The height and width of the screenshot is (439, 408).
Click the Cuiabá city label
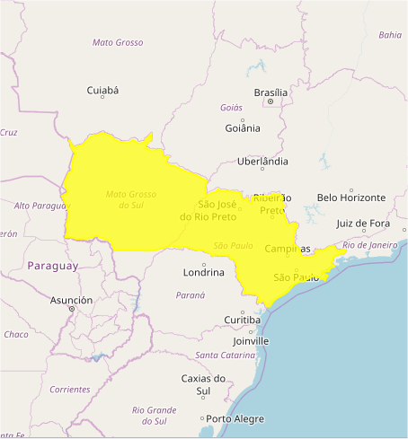click(x=102, y=91)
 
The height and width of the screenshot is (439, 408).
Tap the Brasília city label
click(x=271, y=92)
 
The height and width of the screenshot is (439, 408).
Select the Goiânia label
click(x=243, y=127)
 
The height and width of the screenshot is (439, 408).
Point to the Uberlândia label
click(x=262, y=162)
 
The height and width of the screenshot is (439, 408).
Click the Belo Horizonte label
click(x=351, y=198)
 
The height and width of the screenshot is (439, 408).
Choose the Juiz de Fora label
click(x=363, y=224)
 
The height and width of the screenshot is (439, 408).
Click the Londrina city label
click(x=203, y=272)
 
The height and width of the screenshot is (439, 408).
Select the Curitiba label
click(x=243, y=320)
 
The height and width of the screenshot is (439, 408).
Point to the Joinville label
click(x=250, y=341)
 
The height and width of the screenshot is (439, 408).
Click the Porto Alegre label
click(x=235, y=419)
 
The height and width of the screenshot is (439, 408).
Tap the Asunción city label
click(x=71, y=300)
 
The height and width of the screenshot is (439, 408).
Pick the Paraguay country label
click(x=52, y=266)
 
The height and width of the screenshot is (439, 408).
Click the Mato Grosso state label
click(x=118, y=42)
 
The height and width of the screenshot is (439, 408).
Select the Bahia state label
click(x=390, y=35)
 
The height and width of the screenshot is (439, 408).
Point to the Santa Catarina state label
click(x=225, y=356)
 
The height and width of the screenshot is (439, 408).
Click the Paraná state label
click(x=191, y=294)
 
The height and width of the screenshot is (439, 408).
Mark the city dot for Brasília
click(x=271, y=102)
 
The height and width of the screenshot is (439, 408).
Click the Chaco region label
click(x=15, y=335)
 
